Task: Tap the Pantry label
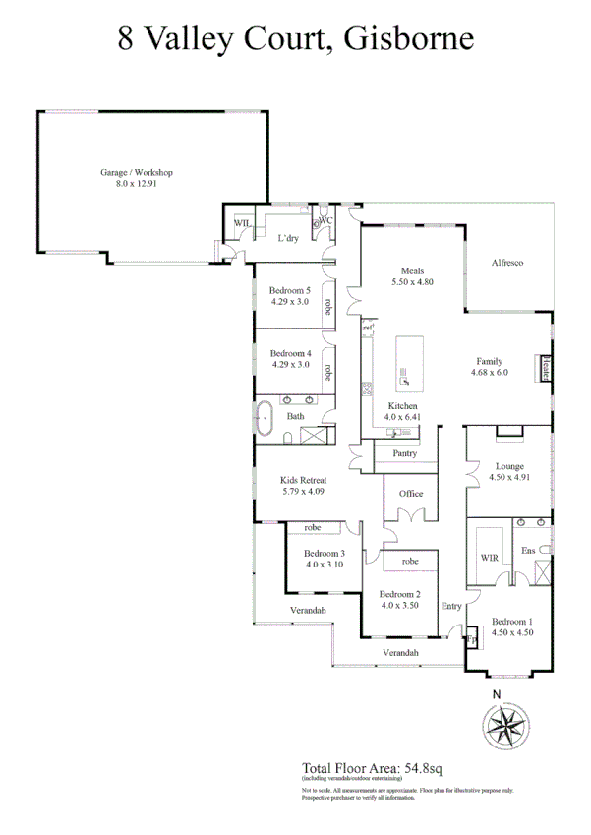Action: click(404, 453)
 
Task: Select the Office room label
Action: click(410, 494)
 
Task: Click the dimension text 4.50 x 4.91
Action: click(509, 478)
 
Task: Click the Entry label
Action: click(451, 606)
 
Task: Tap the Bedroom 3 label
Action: click(324, 553)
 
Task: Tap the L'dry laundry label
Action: click(288, 238)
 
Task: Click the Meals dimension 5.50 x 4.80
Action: click(411, 282)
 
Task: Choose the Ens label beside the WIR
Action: click(528, 551)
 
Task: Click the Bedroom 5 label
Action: click(290, 290)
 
